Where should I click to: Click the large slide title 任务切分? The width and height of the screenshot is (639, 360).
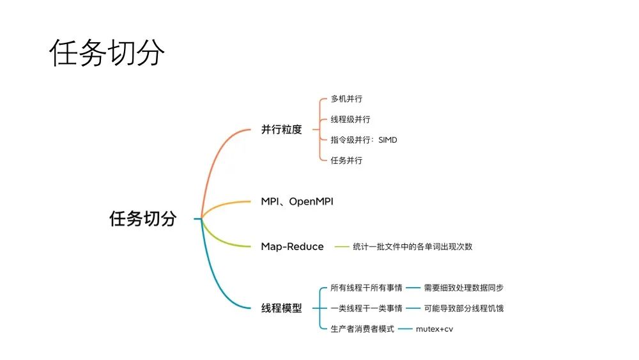pyautogui.click(x=107, y=52)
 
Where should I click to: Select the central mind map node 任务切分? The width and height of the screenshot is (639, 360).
pyautogui.click(x=142, y=219)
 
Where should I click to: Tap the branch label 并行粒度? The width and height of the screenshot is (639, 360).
pyautogui.click(x=281, y=130)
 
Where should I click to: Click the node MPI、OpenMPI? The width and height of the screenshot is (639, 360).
pyautogui.click(x=297, y=201)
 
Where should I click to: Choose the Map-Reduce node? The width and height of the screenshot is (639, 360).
pyautogui.click(x=292, y=247)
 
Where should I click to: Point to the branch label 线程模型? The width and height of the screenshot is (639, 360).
pyautogui.click(x=281, y=308)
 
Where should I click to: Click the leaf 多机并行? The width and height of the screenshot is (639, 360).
pyautogui.click(x=346, y=98)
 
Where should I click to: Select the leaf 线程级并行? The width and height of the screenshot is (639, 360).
pyautogui.click(x=350, y=120)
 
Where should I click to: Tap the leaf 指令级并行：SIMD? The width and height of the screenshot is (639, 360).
pyautogui.click(x=364, y=140)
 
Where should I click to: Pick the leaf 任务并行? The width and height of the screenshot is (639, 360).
pyautogui.click(x=346, y=160)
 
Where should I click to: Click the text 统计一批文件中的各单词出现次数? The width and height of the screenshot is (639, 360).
pyautogui.click(x=412, y=247)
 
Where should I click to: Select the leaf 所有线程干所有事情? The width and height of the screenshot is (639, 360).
pyautogui.click(x=366, y=288)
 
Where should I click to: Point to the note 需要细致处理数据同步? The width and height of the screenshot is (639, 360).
pyautogui.click(x=464, y=288)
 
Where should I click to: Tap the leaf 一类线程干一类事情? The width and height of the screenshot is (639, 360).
pyautogui.click(x=366, y=308)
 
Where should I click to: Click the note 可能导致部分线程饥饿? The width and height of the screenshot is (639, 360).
pyautogui.click(x=464, y=308)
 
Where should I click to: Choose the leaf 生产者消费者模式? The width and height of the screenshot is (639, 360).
pyautogui.click(x=362, y=329)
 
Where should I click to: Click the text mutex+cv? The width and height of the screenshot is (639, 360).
pyautogui.click(x=435, y=329)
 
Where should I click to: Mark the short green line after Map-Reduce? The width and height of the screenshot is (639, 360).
pyautogui.click(x=341, y=247)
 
